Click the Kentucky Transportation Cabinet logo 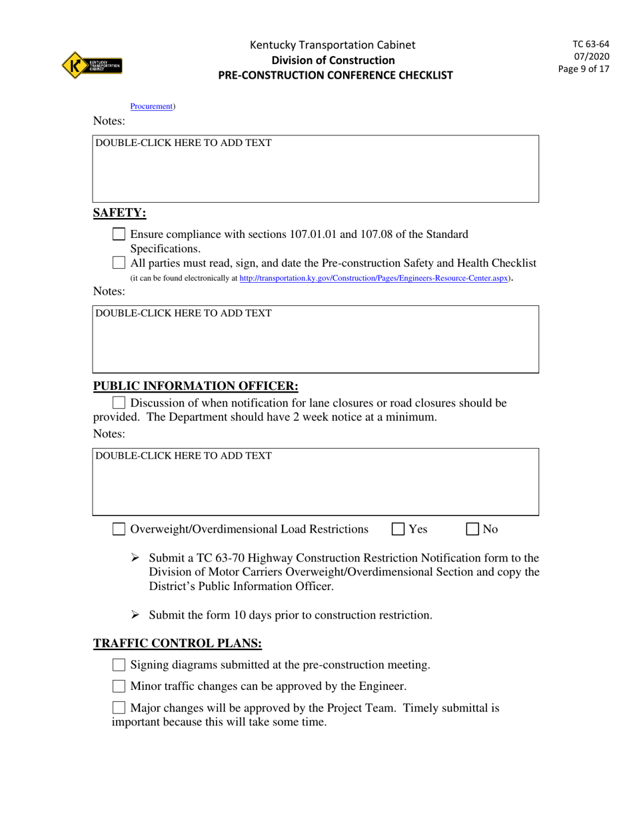(92, 65)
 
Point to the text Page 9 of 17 (584, 69)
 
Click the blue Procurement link (151, 106)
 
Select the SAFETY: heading (119, 213)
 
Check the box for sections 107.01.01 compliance (119, 234)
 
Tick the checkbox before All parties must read (119, 263)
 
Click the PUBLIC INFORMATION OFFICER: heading (195, 386)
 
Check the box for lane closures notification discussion (119, 403)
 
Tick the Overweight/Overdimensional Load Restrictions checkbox (119, 529)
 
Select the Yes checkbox (398, 529)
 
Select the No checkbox (472, 529)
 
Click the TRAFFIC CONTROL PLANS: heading (177, 643)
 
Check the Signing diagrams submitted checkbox (119, 665)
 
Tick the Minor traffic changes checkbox (119, 686)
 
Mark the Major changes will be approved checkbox (119, 708)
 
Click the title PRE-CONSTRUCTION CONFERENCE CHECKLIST (335, 75)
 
